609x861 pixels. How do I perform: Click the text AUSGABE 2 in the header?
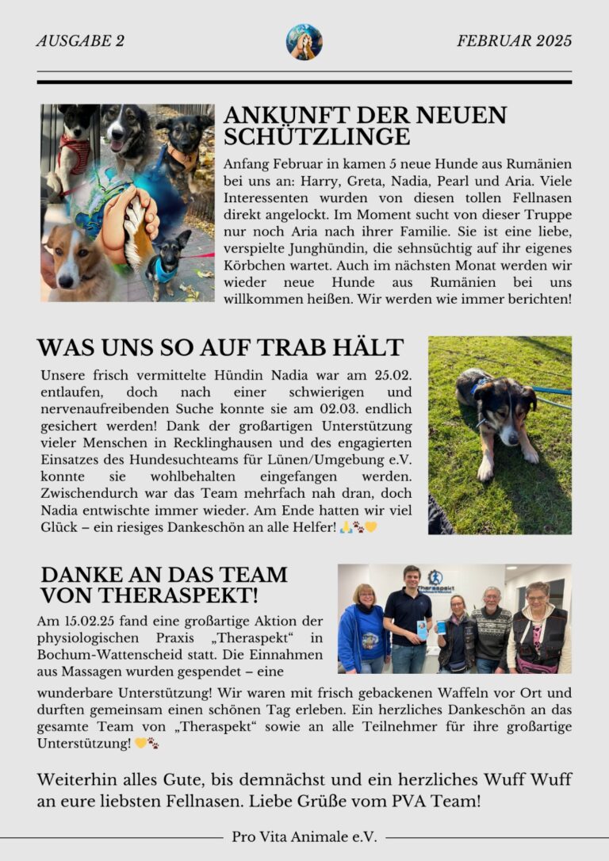[80, 41]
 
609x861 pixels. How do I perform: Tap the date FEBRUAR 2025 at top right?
[514, 41]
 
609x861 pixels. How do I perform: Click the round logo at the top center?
[304, 42]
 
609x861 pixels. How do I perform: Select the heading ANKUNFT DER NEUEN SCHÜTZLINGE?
[365, 126]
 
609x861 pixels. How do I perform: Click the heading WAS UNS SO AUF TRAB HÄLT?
[220, 347]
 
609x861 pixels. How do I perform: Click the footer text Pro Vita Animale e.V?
[304, 836]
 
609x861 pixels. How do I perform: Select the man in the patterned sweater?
[492, 630]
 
